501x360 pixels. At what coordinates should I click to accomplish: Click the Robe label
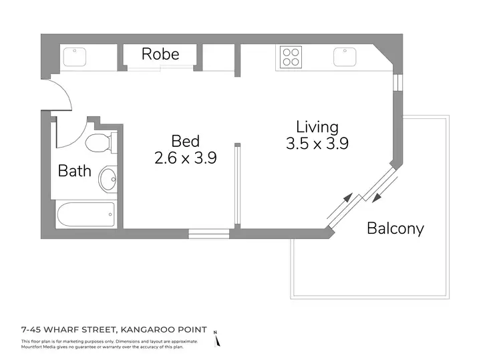[x=160, y=54]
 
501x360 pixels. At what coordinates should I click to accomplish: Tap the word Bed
[x=185, y=141]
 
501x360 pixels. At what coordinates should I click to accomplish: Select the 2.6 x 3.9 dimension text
[x=185, y=158]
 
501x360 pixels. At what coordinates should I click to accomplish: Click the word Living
[x=317, y=126]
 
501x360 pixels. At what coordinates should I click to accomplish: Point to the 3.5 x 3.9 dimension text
[x=318, y=143]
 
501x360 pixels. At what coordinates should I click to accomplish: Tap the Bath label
[x=74, y=170]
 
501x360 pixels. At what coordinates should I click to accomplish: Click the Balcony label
[x=395, y=228]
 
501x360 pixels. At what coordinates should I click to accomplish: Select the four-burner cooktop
[x=291, y=56]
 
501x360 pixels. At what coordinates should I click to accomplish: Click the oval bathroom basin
[x=107, y=179]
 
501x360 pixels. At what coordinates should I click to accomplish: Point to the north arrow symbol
[x=216, y=340]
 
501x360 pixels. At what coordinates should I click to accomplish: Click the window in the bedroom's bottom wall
[x=208, y=234]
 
